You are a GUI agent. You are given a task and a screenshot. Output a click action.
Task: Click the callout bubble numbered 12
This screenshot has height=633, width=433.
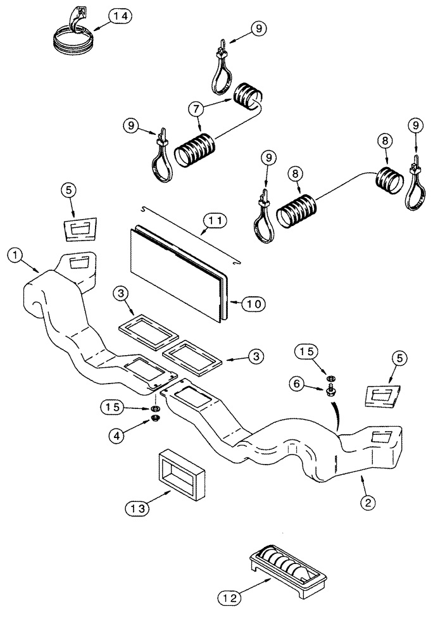(x=229, y=596)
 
